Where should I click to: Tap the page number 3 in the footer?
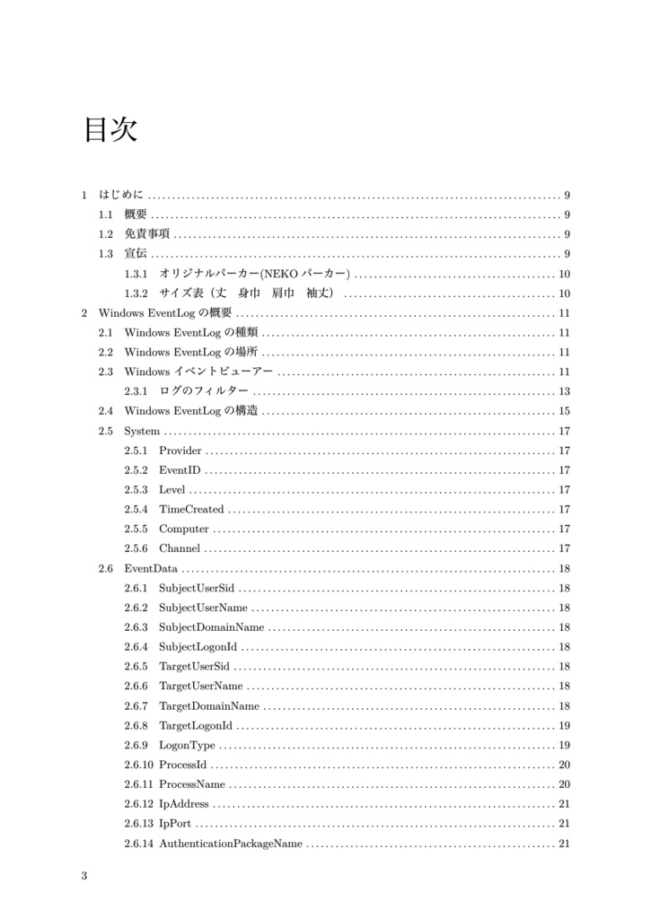[x=84, y=876]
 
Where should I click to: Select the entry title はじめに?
[x=121, y=195]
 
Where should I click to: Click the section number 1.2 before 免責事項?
[x=106, y=234]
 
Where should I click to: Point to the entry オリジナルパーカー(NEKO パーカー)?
[x=254, y=274]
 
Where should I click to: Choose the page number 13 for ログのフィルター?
[x=564, y=391]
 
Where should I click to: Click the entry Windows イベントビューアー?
[x=198, y=372]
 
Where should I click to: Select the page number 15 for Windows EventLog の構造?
[x=564, y=411]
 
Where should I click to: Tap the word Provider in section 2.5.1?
[x=180, y=451]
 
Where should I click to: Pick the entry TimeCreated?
[x=191, y=510]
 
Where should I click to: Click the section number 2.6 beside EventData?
[x=106, y=569]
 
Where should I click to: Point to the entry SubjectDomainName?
[x=211, y=627]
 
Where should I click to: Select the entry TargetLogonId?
[x=196, y=726]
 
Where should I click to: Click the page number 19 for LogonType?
[x=564, y=746]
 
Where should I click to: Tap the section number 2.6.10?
[x=139, y=766]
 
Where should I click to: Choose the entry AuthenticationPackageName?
[x=230, y=844]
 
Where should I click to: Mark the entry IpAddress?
[x=183, y=804]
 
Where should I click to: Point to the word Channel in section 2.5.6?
[x=180, y=549]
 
